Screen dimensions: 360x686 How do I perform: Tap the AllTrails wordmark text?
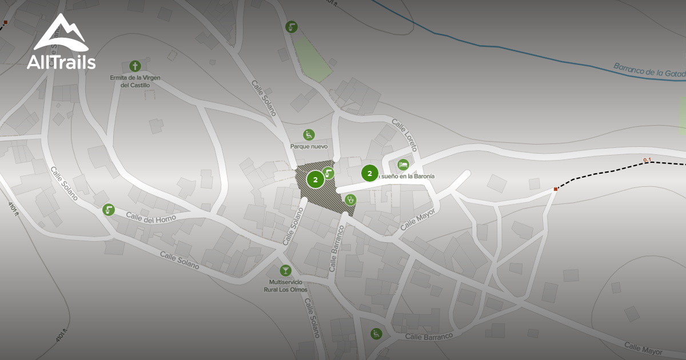click(x=61, y=62)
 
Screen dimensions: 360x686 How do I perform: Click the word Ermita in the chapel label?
click(x=121, y=78)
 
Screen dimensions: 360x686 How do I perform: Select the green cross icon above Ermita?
click(x=135, y=66)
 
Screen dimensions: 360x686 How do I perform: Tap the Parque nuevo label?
click(x=309, y=146)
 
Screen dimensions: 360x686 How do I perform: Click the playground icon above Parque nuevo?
click(x=309, y=135)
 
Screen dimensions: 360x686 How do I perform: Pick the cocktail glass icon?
click(x=285, y=270)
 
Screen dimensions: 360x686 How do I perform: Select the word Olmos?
click(x=298, y=290)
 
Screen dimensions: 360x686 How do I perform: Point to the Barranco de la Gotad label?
click(x=648, y=73)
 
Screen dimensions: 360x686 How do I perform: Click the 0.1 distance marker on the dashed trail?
click(x=647, y=160)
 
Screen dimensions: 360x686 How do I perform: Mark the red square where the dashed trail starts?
click(x=556, y=189)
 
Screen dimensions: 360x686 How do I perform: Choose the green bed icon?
click(x=403, y=165)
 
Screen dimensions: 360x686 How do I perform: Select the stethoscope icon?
click(x=350, y=199)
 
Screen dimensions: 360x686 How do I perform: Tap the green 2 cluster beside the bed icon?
click(x=370, y=173)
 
